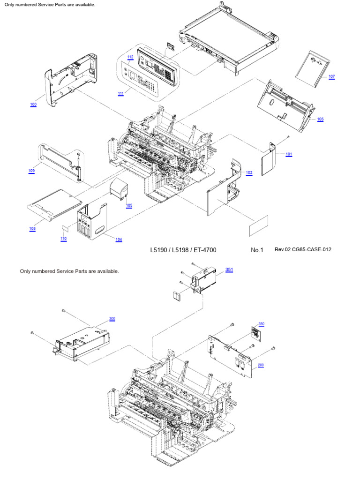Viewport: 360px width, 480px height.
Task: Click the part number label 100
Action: pos(33,105)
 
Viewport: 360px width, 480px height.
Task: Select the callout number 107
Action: pos(331,76)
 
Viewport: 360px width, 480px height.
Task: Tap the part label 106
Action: pos(320,119)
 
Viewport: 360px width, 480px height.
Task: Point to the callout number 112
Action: pos(130,57)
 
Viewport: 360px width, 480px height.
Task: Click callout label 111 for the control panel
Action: pos(121,94)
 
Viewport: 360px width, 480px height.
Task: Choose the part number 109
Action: pos(31,171)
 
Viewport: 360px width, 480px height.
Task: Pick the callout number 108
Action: pos(32,229)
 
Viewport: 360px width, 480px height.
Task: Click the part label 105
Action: pos(129,205)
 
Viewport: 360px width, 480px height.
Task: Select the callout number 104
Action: pos(119,240)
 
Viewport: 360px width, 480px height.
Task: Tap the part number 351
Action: pos(229,270)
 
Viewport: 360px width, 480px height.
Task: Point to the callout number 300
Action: pos(112,319)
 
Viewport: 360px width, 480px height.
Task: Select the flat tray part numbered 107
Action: pos(312,68)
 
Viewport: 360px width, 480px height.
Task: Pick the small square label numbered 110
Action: pos(65,228)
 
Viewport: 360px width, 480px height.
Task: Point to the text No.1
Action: pos(257,250)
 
